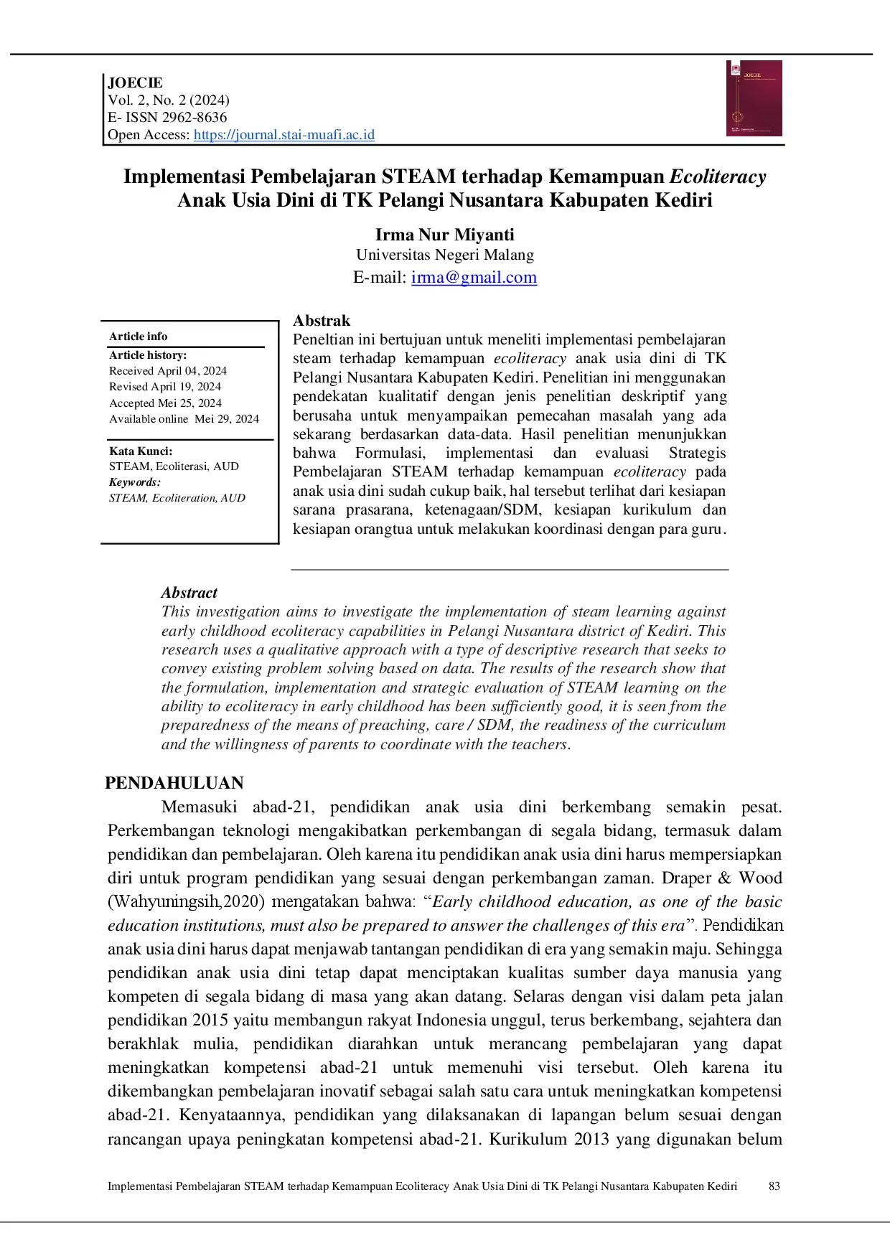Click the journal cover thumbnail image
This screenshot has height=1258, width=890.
point(754,98)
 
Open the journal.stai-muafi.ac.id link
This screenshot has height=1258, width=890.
point(284,135)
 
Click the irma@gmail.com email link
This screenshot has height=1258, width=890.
point(474,278)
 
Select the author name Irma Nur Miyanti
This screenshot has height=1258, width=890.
point(444,235)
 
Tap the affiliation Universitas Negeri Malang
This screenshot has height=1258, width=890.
point(444,255)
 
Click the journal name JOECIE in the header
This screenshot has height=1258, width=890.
point(135,83)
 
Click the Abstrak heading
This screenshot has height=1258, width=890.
point(322,321)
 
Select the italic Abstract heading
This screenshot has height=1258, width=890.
point(189,593)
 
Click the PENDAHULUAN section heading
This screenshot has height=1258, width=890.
point(174,783)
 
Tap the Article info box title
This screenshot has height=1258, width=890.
point(138,337)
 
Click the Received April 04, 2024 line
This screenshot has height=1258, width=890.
point(167,371)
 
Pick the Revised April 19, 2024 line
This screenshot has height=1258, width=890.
point(164,387)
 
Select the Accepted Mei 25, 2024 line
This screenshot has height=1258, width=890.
point(165,403)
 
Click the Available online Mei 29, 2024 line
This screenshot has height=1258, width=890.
point(184,419)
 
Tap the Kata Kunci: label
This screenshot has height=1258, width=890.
point(141,451)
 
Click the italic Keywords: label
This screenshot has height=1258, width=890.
point(135,482)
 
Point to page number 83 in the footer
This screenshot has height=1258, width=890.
point(774,1186)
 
